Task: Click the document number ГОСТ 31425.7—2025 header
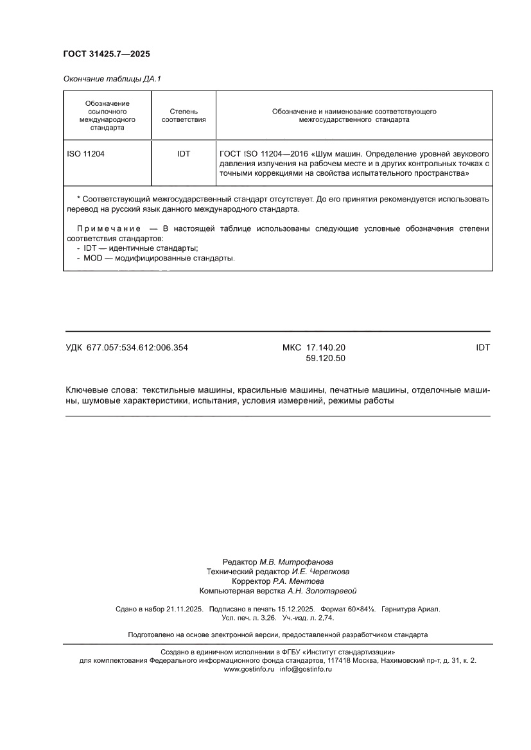[106, 55]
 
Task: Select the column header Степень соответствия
[183, 115]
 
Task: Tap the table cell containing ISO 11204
[85, 154]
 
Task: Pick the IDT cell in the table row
[184, 154]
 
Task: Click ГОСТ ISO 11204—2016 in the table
[264, 154]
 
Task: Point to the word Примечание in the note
[109, 228]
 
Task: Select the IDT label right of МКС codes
[483, 348]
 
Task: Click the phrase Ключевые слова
[101, 390]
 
